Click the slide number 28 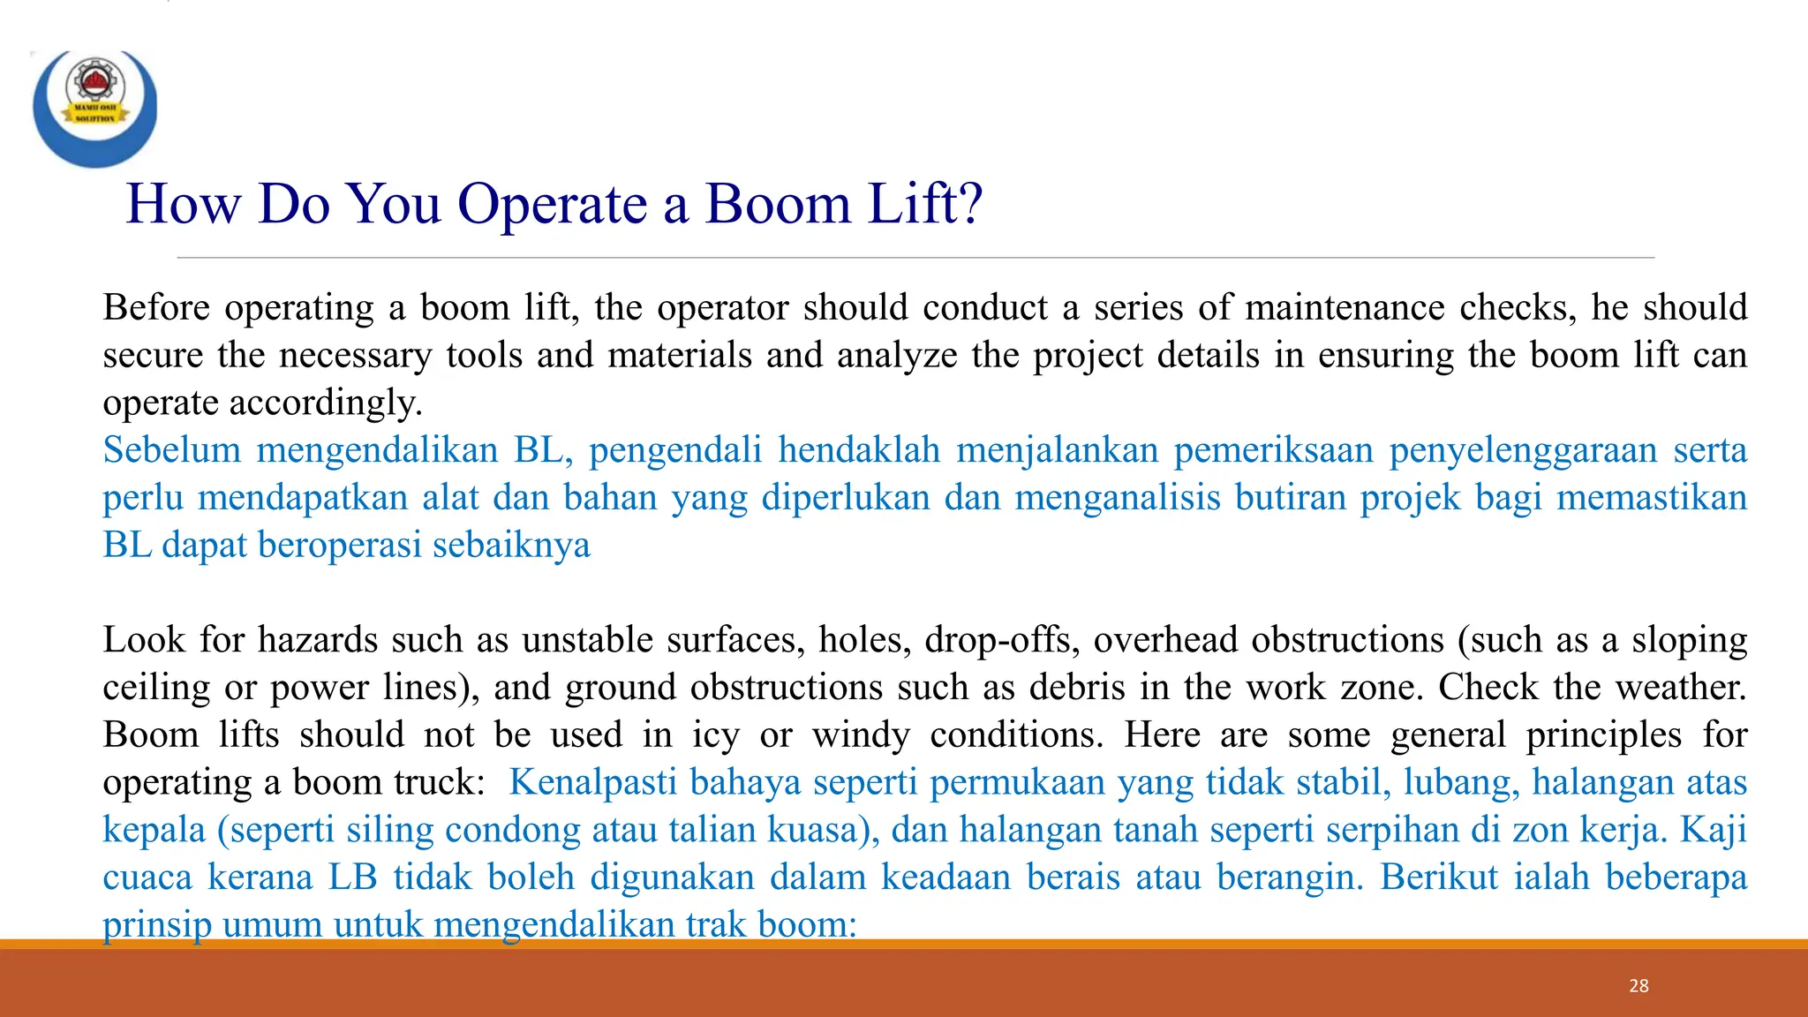tap(1638, 986)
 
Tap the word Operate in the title tap(553, 204)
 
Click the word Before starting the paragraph tap(156, 307)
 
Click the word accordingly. tap(326, 403)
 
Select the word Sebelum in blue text tap(171, 449)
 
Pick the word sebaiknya tap(511, 545)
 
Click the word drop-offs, tap(998, 639)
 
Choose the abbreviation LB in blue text tap(353, 878)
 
